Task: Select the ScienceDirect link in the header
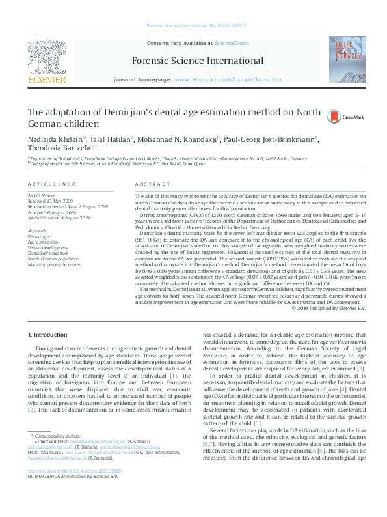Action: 233,43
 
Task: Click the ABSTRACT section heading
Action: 151,185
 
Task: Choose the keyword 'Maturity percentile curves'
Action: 54,265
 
